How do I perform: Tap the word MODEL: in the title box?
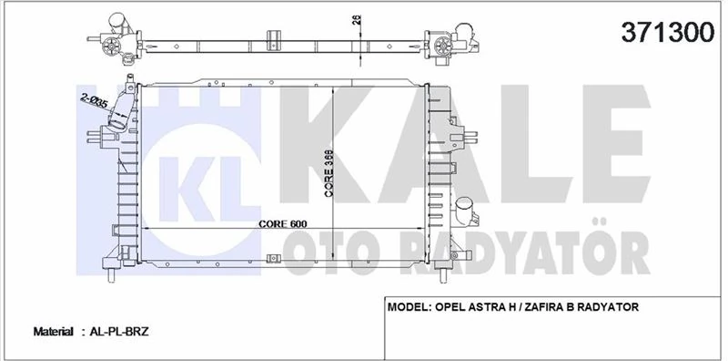tap(413, 308)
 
